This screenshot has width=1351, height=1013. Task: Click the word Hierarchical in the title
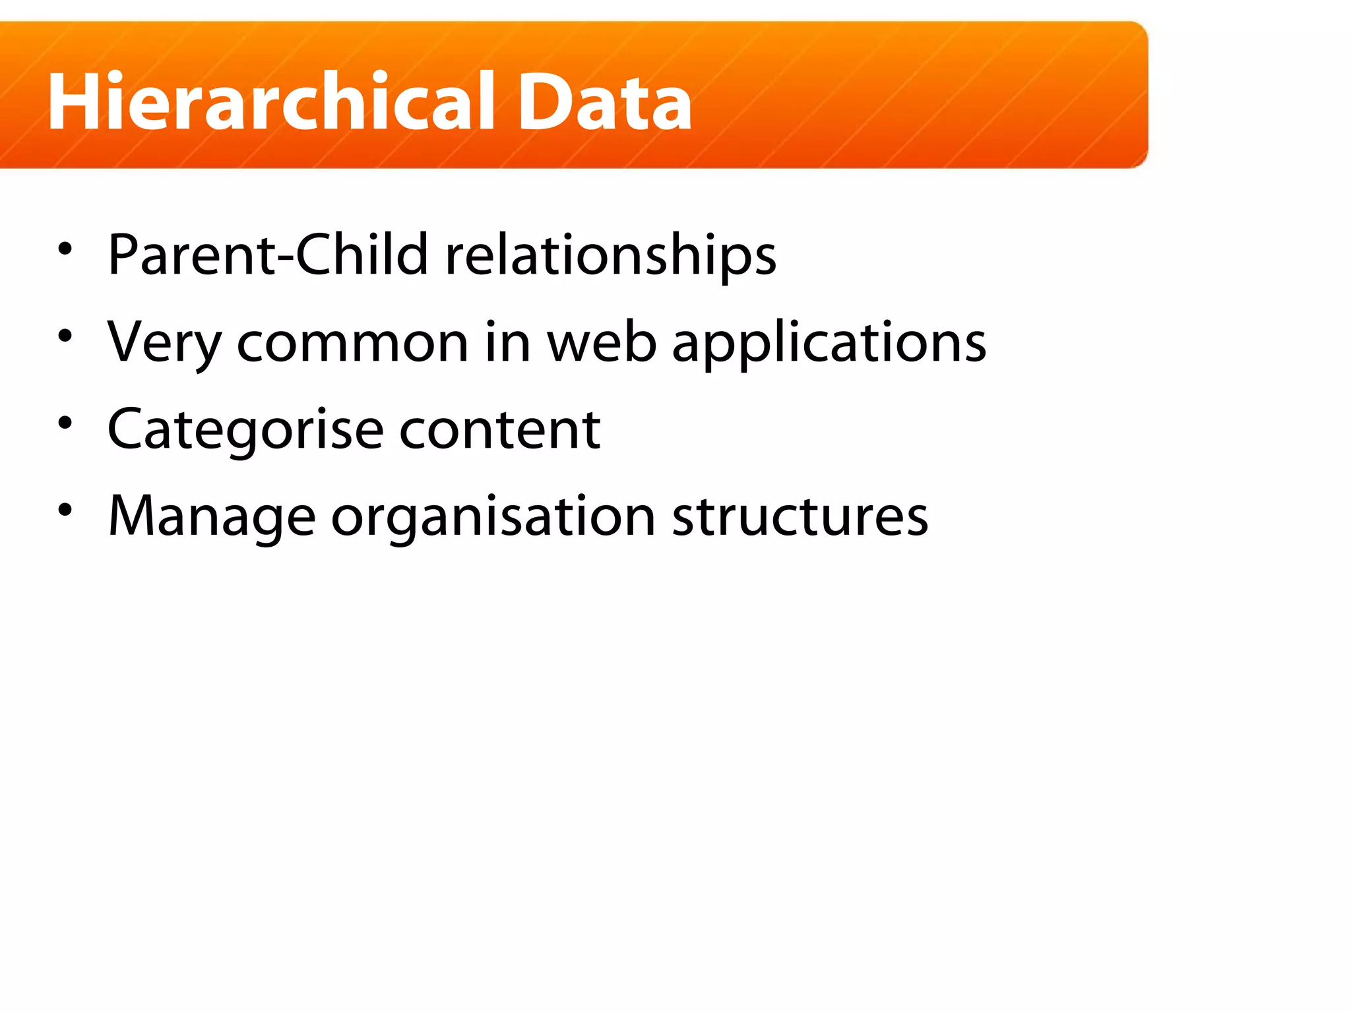coord(270,102)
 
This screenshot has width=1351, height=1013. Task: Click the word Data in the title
coord(604,102)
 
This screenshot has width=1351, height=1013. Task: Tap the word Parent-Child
coord(268,255)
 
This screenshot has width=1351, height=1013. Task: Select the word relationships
coord(611,256)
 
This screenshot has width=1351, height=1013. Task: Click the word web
coord(602,342)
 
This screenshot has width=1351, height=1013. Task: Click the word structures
coord(800,516)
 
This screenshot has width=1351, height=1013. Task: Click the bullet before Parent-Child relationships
coord(65,249)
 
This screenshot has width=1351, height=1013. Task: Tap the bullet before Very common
coord(65,336)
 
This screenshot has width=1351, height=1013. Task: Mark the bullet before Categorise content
coord(65,423)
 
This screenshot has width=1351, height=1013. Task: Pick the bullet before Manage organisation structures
coord(65,510)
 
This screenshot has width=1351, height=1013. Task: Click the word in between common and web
coord(507,341)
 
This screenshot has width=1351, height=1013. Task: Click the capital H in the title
coord(75,102)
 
